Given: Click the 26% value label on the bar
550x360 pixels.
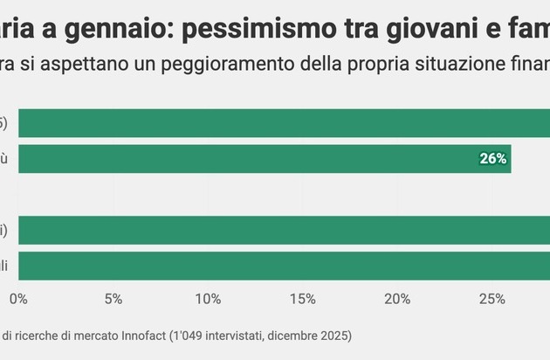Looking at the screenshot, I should (493, 159).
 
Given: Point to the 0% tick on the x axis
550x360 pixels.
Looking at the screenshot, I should (18, 299).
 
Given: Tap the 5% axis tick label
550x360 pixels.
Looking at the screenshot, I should (113, 299).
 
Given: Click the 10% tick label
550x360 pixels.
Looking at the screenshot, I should (208, 299).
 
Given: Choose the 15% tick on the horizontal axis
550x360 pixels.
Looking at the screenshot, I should (302, 299).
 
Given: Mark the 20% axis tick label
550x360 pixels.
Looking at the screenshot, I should (397, 299).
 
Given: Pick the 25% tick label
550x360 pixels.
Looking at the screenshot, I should (492, 299).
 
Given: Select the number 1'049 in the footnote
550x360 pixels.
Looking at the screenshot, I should (192, 335).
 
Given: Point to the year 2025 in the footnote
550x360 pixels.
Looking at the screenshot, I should (332, 335).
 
